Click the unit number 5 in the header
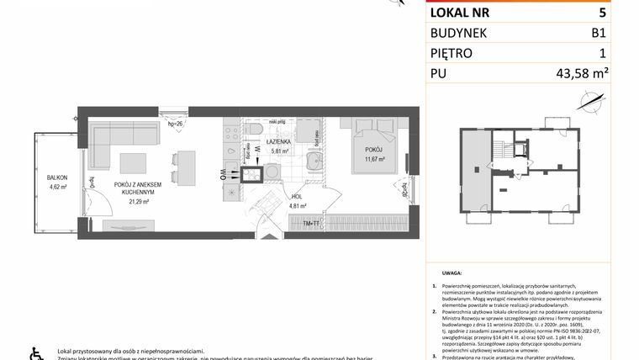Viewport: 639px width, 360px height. click(x=602, y=13)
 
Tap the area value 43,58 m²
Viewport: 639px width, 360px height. click(x=581, y=74)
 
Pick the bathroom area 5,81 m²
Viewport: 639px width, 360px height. click(x=279, y=151)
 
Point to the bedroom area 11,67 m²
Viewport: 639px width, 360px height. click(x=373, y=158)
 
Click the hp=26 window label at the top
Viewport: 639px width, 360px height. click(x=176, y=124)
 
